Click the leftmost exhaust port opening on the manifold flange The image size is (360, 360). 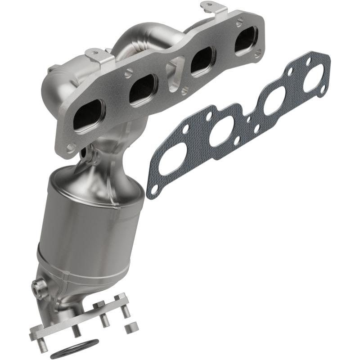(88, 117)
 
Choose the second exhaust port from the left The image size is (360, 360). (142, 88)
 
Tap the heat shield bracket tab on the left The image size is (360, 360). (95, 57)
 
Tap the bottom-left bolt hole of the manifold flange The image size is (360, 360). (71, 147)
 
